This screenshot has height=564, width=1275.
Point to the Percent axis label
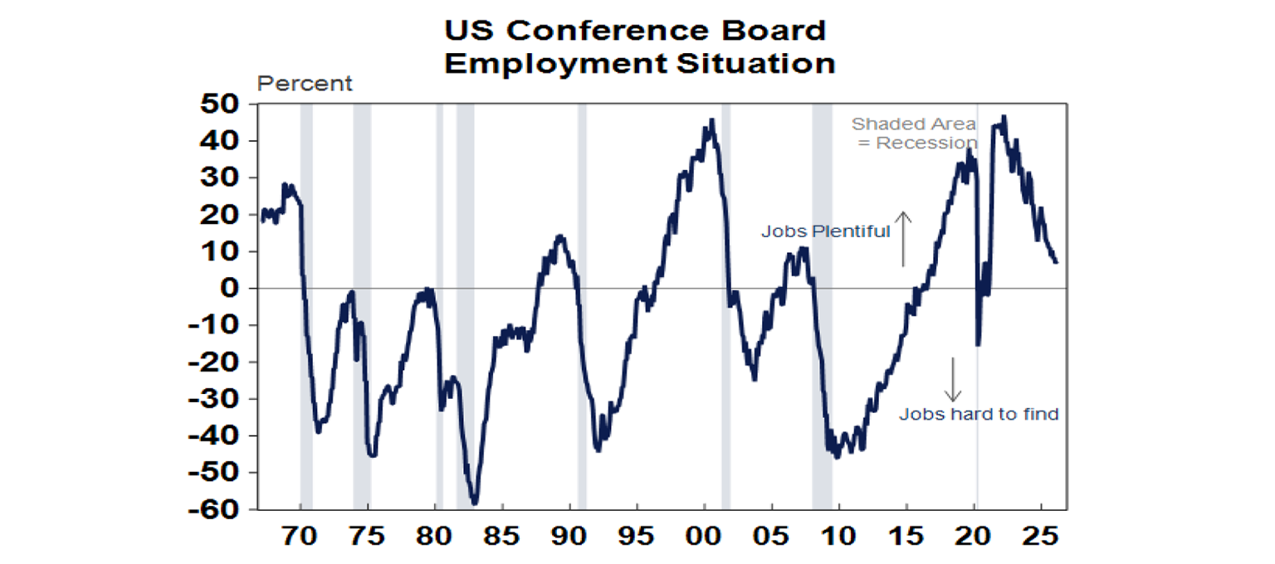[x=305, y=84]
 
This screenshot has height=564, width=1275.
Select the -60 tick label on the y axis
[x=212, y=509]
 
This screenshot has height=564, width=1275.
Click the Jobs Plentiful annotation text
[x=825, y=232]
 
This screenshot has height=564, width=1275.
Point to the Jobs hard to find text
[x=979, y=414]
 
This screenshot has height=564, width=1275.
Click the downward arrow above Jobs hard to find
[x=952, y=380]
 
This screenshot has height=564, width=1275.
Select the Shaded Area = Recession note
[x=914, y=134]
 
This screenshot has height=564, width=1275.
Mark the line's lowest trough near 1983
[x=474, y=503]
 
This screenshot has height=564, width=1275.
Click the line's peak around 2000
[x=711, y=120]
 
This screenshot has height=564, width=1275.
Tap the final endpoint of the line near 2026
[x=1056, y=262]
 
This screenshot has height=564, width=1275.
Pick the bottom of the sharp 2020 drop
[x=978, y=345]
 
